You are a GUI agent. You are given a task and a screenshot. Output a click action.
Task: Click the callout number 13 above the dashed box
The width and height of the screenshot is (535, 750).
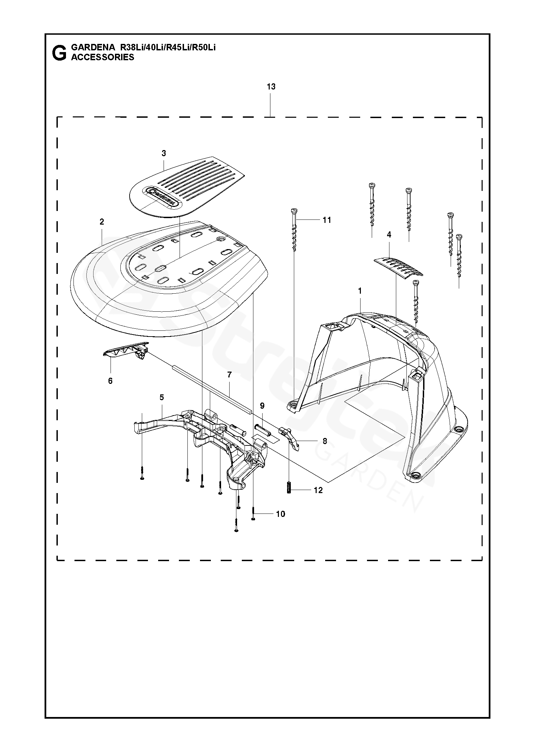271,87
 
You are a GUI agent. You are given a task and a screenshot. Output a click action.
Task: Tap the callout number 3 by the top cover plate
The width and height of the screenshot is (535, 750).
164,153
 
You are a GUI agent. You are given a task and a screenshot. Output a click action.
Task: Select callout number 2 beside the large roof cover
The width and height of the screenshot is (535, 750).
102,222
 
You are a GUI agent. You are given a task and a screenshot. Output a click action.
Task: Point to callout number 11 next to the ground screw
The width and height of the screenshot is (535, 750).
327,220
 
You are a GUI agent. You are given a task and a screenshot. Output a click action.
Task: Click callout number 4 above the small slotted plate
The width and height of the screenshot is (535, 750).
389,234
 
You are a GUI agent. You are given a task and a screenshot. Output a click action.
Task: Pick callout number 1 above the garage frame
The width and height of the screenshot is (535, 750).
360,291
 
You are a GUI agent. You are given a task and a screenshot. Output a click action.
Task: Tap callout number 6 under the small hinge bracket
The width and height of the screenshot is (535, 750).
110,381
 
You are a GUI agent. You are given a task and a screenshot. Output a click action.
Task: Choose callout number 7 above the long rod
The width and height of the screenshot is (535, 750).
229,375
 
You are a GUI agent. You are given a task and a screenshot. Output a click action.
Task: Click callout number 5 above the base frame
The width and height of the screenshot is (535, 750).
162,397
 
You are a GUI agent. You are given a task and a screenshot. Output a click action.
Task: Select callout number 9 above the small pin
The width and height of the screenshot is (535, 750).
262,406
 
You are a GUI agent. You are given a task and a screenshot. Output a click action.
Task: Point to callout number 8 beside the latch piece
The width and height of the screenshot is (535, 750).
325,441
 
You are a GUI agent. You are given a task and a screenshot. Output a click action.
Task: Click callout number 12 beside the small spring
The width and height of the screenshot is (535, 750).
318,490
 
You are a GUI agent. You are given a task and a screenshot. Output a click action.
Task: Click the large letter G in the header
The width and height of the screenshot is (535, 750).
59,53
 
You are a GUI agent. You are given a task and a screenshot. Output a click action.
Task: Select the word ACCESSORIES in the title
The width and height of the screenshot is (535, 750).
102,57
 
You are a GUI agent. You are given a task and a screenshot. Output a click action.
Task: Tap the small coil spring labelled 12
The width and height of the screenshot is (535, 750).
289,489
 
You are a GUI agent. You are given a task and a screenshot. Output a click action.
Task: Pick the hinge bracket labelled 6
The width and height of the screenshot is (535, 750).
126,349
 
